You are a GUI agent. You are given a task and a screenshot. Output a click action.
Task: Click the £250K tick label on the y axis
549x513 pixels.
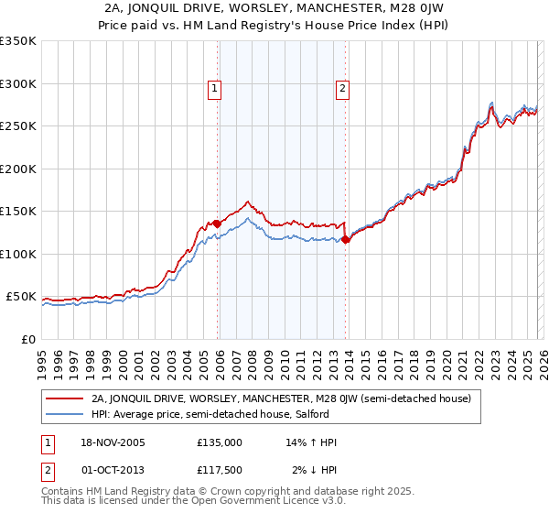click(18, 126)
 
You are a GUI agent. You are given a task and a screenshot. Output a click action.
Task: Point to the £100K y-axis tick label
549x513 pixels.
click(18, 254)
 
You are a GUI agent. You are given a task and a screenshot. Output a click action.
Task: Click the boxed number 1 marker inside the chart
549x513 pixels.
click(214, 89)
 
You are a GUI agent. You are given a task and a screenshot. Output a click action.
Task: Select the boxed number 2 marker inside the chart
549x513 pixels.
click(342, 89)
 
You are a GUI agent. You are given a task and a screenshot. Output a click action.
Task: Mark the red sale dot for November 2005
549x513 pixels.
click(217, 224)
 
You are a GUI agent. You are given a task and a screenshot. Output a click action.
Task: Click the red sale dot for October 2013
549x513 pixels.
click(345, 239)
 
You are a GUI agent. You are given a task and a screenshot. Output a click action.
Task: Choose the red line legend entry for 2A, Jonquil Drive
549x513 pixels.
click(281, 398)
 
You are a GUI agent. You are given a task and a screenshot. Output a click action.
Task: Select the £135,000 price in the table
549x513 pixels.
click(220, 442)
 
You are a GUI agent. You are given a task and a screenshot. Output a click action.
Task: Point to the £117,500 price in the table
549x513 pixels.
click(220, 470)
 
